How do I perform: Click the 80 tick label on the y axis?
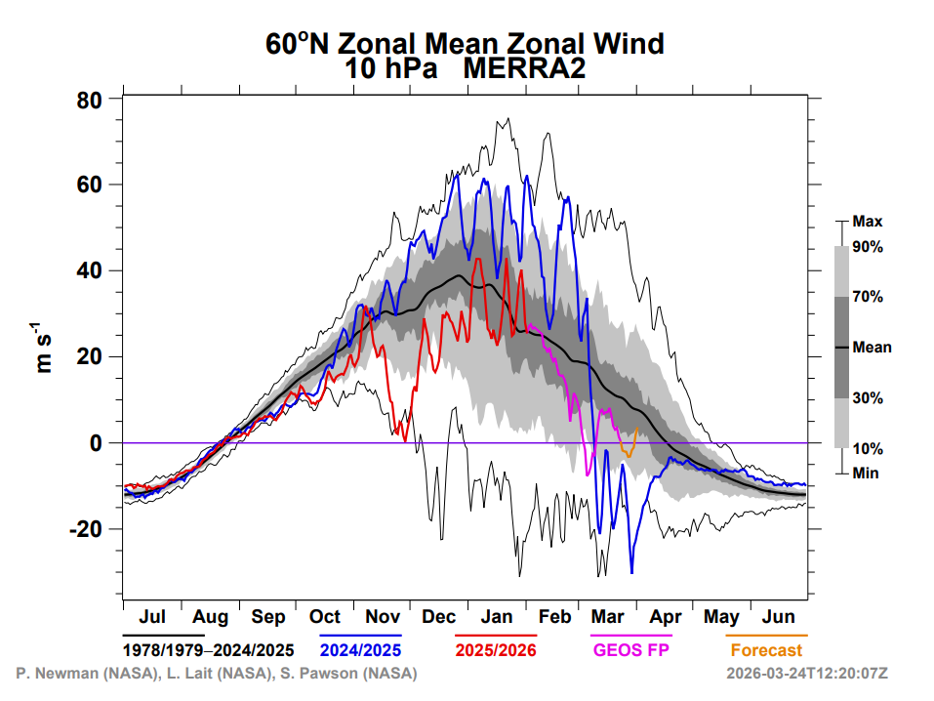point(91,100)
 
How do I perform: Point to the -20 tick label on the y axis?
point(87,529)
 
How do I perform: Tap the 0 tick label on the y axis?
point(98,443)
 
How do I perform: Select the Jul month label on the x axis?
point(151,617)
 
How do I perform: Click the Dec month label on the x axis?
point(439,617)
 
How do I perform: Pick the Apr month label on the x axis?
point(666,617)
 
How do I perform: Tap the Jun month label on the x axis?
point(779,617)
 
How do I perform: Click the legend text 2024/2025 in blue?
point(361,649)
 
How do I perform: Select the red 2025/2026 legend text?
point(496,649)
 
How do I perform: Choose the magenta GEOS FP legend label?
point(630,649)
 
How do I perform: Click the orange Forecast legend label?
point(766,649)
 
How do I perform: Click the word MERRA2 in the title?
point(526,69)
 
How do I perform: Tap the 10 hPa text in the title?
point(388,69)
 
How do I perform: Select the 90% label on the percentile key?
point(868,248)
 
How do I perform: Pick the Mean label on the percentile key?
point(872,347)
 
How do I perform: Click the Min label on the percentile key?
point(866,473)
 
